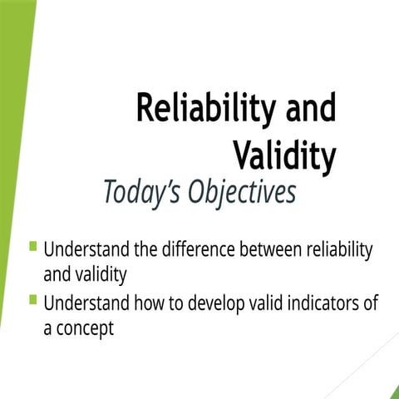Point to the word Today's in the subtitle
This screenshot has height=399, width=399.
coord(142,192)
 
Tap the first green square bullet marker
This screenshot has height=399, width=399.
coord(33,246)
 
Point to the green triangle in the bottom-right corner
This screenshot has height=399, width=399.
coord(393,392)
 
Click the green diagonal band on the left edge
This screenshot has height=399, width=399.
coord(12,125)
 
